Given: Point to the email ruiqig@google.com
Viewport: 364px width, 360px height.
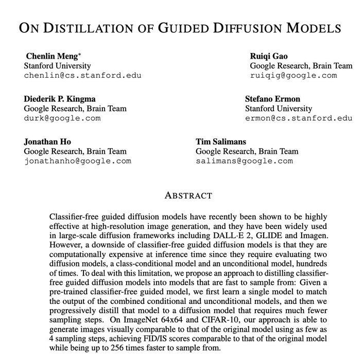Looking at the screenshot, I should [293, 76].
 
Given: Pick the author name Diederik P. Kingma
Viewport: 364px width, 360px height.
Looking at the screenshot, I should [60, 99].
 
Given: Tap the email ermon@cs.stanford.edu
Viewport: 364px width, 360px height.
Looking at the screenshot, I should [299, 118].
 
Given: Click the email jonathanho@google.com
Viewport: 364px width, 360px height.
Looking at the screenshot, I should [78, 161].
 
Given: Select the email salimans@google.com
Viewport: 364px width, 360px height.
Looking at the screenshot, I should [244, 161].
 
